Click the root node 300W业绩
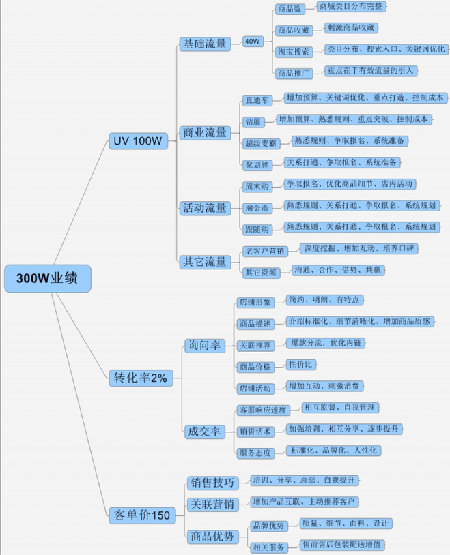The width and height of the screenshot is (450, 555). (48, 278)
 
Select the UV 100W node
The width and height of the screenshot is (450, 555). (138, 141)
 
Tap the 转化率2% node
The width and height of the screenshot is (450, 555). (141, 378)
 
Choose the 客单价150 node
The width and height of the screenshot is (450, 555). (142, 515)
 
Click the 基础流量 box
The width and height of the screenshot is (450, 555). (205, 44)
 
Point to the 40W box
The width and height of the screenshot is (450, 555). (253, 42)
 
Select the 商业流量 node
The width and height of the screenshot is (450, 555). (205, 133)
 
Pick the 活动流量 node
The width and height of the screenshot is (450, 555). (205, 208)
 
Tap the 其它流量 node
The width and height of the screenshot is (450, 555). (205, 262)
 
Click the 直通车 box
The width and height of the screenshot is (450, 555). (257, 100)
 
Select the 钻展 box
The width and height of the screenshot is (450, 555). (253, 122)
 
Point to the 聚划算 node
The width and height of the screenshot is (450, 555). (257, 165)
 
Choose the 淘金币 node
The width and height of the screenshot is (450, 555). (257, 208)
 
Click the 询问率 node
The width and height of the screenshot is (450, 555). (205, 346)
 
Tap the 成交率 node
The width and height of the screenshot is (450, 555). (205, 432)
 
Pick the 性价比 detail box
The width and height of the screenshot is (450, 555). (300, 365)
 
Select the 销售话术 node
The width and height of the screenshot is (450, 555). (255, 432)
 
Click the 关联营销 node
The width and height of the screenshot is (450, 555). (212, 505)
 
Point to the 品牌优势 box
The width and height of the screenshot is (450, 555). (269, 526)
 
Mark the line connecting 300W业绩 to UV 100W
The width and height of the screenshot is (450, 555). (81, 202)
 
